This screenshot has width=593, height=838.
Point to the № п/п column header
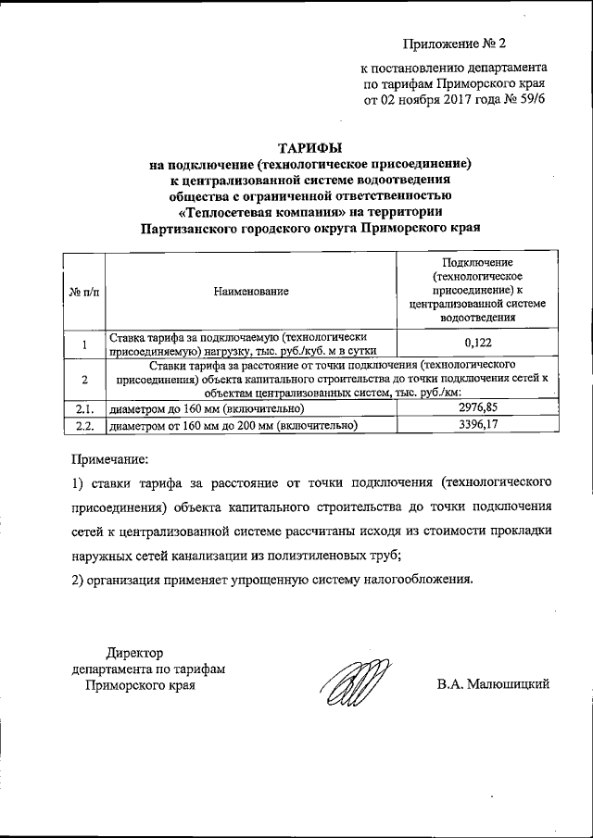pos(83,293)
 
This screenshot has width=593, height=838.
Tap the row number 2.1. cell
pos(84,408)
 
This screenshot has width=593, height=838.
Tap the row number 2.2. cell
pos(84,425)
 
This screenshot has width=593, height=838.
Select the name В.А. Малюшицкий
pos(494,685)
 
